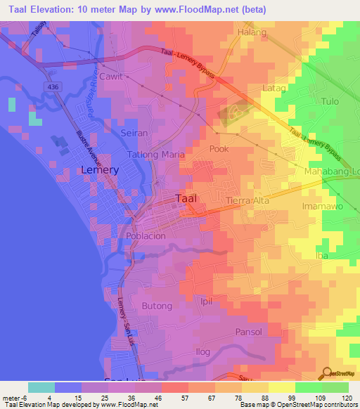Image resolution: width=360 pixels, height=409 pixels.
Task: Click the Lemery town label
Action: point(100,170)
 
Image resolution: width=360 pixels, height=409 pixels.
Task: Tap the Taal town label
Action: point(191,198)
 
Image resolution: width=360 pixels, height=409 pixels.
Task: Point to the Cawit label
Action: point(111,76)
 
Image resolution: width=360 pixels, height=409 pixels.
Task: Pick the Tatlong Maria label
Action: point(155,154)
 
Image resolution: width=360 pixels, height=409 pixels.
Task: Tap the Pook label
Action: point(219,149)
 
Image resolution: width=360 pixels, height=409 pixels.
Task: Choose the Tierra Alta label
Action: point(247,201)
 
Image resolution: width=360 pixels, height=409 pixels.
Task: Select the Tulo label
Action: point(330,101)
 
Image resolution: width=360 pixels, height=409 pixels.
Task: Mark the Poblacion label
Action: point(146,236)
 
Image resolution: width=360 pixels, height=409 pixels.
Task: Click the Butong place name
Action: point(157,306)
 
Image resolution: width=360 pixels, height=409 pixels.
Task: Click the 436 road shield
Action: point(53,86)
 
